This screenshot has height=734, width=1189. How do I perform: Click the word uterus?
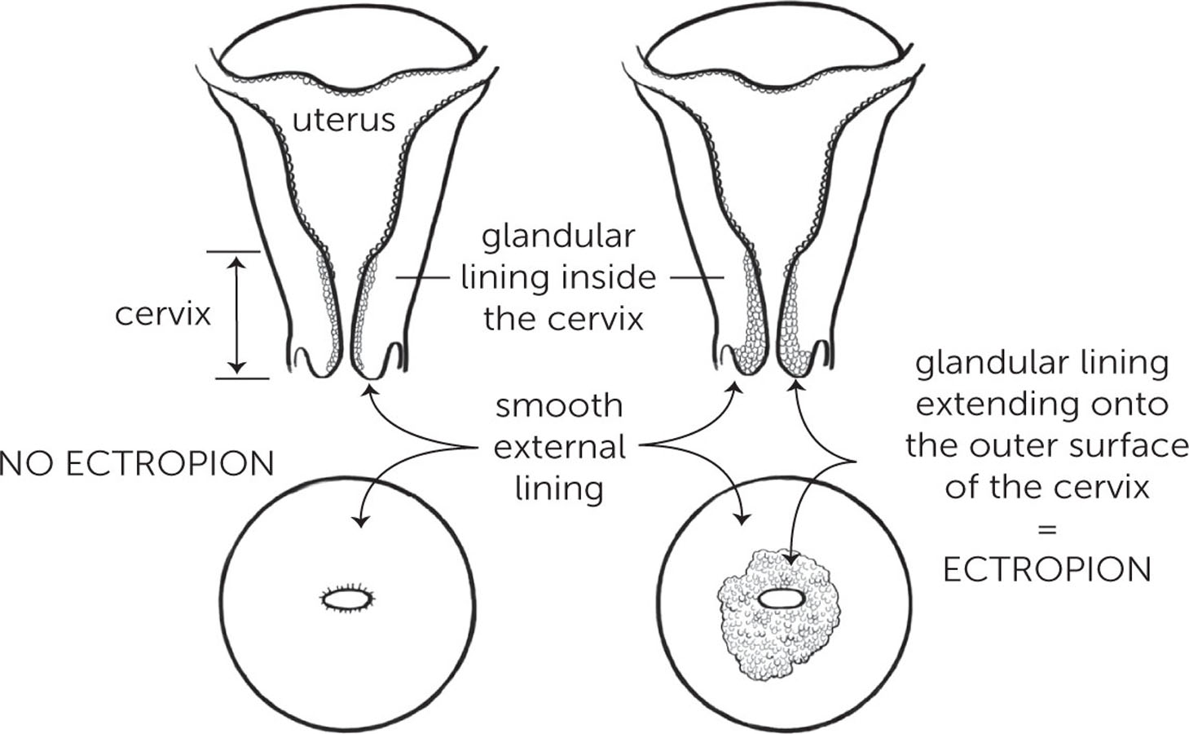point(343,121)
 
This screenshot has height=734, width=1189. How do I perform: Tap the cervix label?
point(163,314)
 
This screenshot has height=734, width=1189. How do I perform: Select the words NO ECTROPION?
point(137,464)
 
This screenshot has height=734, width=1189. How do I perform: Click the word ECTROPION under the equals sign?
point(1046,569)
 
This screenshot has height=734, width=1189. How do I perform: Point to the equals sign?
point(1046,528)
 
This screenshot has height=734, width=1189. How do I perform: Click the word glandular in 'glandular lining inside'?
point(558,237)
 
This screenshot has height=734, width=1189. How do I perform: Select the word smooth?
point(559,405)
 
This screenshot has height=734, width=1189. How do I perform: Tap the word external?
point(559,447)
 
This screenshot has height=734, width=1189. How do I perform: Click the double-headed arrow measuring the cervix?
point(236,314)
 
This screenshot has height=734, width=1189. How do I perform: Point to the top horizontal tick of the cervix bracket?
point(232,252)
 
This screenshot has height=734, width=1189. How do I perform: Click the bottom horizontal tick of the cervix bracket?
point(242,378)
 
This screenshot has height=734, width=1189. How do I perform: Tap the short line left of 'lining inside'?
point(423,278)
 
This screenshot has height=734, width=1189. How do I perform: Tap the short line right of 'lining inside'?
point(697,278)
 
